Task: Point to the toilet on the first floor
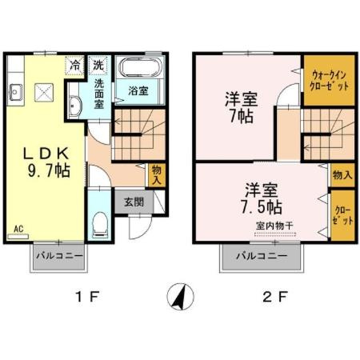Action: [100, 225]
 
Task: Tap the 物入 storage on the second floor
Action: [342, 174]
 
